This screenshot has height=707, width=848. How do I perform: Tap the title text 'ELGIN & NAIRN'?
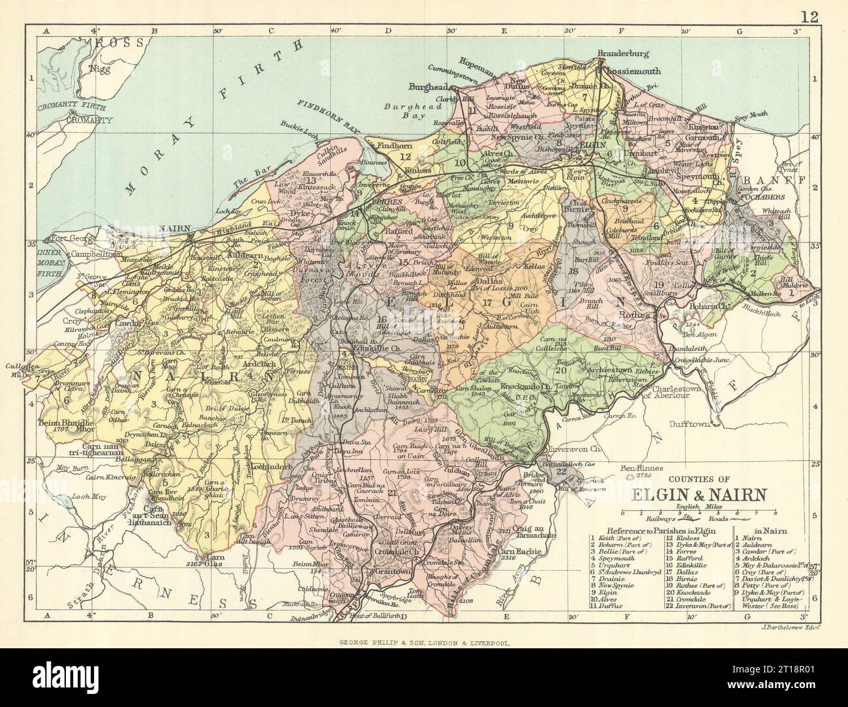point(674,494)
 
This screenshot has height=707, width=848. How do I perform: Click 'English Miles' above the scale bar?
point(676,505)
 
